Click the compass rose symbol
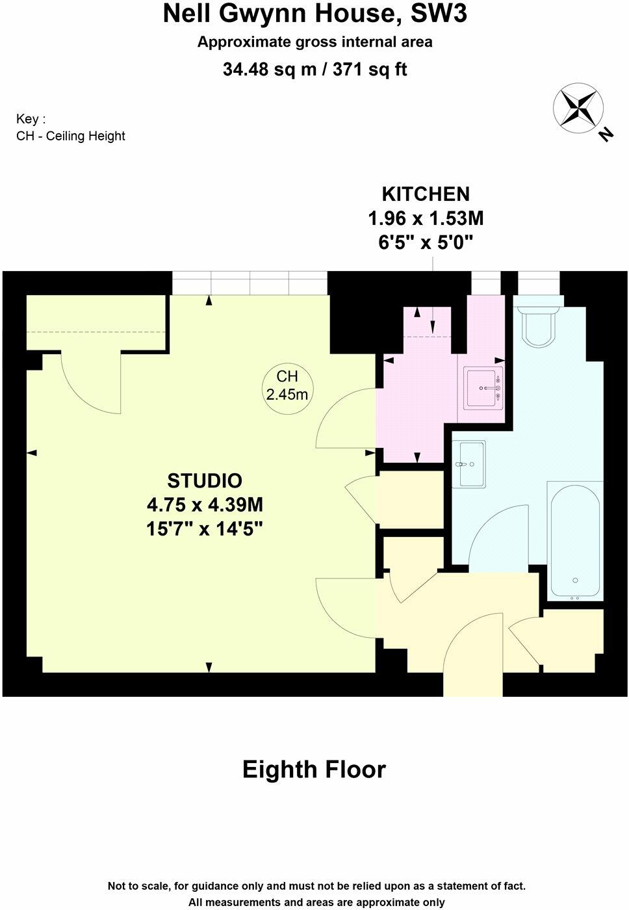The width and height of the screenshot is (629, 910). [578, 108]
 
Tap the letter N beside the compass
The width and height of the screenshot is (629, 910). [606, 135]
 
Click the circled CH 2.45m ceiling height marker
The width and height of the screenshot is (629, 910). [287, 385]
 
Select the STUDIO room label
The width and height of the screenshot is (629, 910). [205, 480]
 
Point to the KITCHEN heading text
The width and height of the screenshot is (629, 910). [426, 194]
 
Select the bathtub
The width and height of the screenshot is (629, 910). [574, 540]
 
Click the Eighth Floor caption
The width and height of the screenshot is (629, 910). [314, 770]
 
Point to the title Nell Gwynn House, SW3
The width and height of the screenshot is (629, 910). [314, 13]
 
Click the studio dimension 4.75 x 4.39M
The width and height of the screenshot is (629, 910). [205, 504]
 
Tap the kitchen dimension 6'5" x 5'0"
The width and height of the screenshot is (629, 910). [426, 242]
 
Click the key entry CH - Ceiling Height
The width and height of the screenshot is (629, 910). [71, 136]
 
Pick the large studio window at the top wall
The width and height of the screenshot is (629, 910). [250, 283]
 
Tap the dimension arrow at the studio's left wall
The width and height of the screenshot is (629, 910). [32, 452]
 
